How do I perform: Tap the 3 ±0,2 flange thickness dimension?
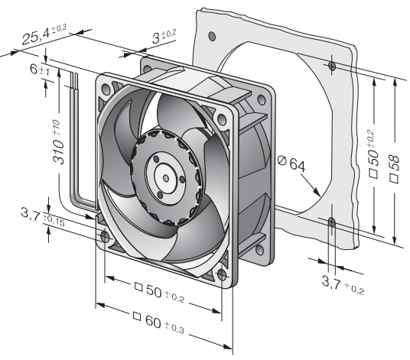[x=164, y=37]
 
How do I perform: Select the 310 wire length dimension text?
[x=58, y=142]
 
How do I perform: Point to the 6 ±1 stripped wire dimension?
[x=40, y=70]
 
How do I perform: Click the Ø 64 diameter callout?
[x=291, y=164]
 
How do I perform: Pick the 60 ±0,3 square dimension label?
[x=158, y=323]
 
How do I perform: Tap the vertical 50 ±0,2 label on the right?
[x=373, y=154]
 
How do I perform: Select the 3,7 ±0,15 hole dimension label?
[x=43, y=217]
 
